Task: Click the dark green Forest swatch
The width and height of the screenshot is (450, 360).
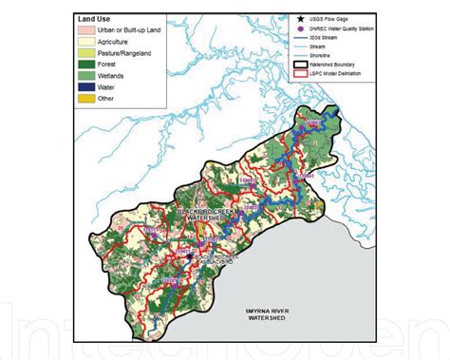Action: [88, 70]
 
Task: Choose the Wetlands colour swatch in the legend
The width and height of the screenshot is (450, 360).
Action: [88, 83]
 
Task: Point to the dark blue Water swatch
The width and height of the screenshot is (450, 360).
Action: [88, 95]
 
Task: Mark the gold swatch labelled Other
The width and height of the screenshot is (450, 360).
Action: [88, 106]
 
